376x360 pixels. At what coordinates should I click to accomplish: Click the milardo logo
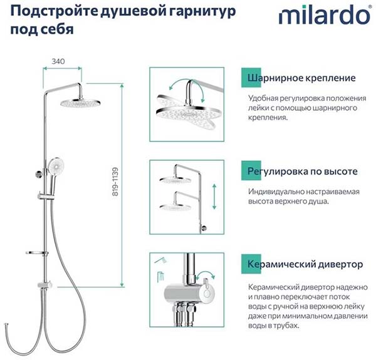tap(325, 15)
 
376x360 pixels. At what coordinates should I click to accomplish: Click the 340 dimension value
tap(58, 61)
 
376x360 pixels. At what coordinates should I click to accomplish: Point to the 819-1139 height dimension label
tap(115, 182)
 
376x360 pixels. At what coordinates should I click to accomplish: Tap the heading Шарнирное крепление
tap(301, 78)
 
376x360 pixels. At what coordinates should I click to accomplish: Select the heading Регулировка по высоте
tap(303, 172)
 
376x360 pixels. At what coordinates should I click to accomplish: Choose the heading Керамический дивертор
tap(305, 264)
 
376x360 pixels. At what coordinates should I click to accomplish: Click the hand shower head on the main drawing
tap(56, 165)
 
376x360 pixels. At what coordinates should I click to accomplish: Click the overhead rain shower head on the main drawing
tap(80, 103)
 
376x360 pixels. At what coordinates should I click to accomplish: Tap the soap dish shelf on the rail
tap(36, 253)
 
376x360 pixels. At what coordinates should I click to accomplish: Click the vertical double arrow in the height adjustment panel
tap(214, 197)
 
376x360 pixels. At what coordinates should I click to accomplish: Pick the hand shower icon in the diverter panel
tap(160, 260)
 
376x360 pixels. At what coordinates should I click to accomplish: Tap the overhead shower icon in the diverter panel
tap(160, 277)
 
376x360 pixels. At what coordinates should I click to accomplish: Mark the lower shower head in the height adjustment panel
tap(175, 206)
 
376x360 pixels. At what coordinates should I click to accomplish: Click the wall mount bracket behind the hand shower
tap(38, 174)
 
